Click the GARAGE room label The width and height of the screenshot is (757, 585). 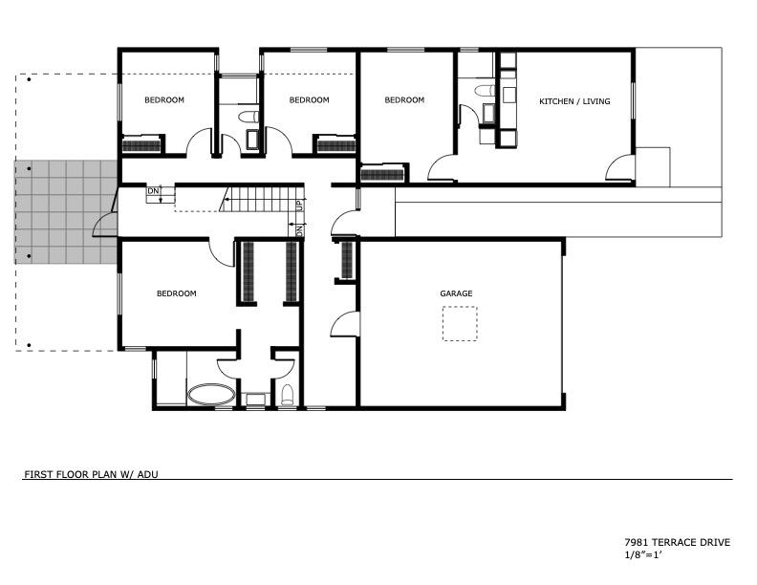[456, 293]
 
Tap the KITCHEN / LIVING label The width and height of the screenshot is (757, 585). [574, 101]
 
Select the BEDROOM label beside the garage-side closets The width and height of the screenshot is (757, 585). [176, 293]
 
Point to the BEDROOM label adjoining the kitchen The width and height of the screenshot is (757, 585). [404, 100]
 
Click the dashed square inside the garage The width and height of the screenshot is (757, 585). [460, 323]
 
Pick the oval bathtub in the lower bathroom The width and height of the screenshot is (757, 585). [210, 394]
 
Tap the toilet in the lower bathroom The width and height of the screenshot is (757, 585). [287, 395]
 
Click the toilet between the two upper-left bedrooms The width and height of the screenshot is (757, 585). [249, 117]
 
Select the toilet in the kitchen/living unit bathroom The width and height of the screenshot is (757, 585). [484, 92]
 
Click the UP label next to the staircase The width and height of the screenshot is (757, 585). [299, 205]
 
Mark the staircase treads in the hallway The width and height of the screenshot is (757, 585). [258, 200]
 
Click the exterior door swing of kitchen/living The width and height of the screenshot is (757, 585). [619, 168]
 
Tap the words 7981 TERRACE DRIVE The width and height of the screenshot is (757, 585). [677, 543]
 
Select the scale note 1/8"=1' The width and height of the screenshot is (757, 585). [642, 554]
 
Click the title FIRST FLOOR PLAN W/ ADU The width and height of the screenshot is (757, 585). [85, 473]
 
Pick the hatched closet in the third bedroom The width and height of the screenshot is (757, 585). [383, 174]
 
